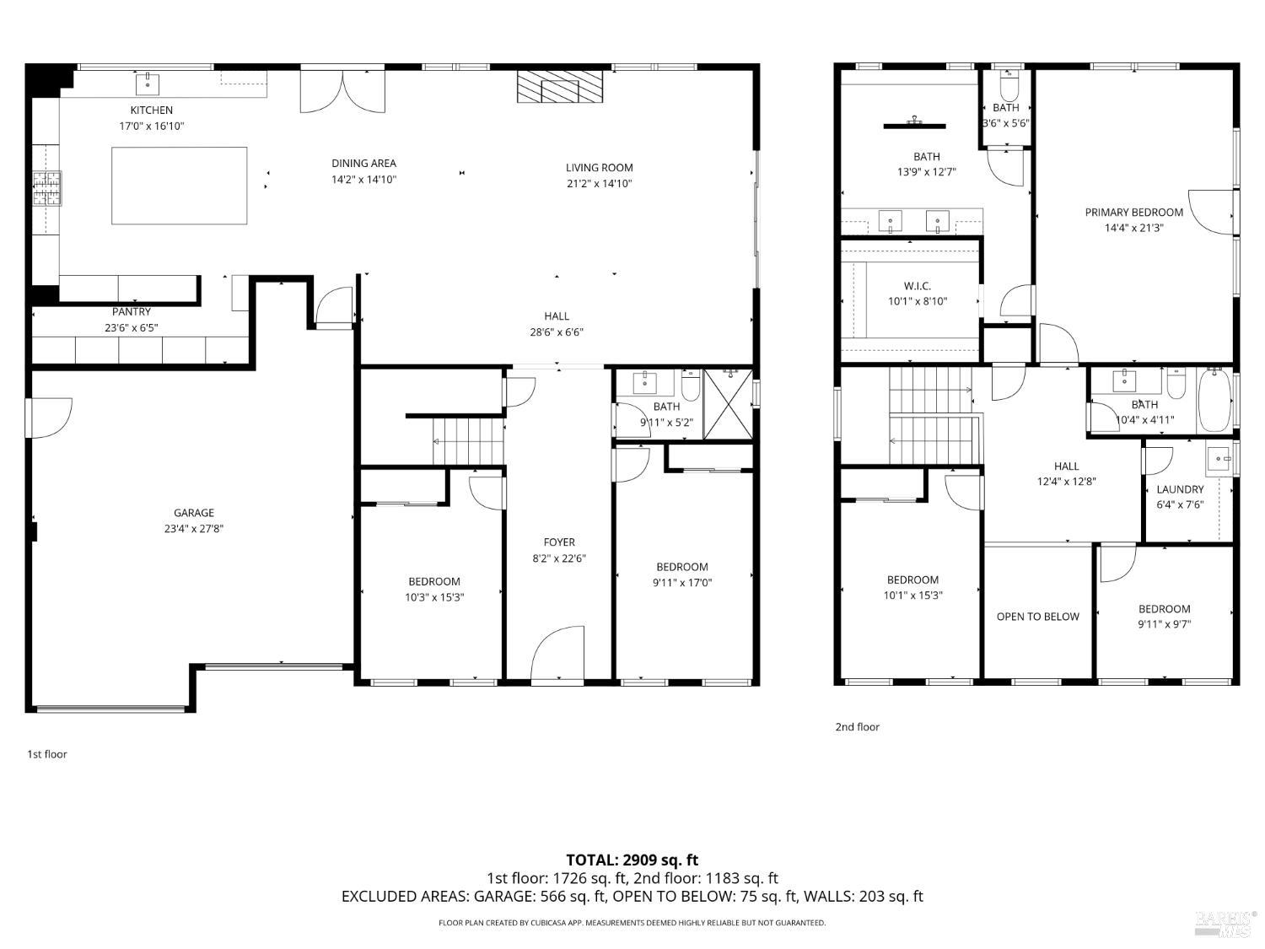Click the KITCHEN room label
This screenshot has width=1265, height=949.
click(x=152, y=111)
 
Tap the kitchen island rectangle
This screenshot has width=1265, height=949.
click(x=180, y=186)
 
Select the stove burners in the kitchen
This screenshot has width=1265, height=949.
click(x=47, y=188)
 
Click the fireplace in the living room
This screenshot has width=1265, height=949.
click(x=561, y=87)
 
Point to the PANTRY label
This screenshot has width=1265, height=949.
click(x=132, y=312)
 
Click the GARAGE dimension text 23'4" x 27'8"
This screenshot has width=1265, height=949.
click(x=194, y=529)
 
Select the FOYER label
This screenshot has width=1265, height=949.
click(x=559, y=542)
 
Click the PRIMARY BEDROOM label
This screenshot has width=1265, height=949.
click(x=1133, y=213)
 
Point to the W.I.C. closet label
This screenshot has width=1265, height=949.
click(x=917, y=286)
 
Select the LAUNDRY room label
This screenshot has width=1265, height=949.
click(x=1180, y=489)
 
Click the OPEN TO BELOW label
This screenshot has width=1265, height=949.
click(x=1037, y=617)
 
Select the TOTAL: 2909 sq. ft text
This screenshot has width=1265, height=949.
click(x=632, y=860)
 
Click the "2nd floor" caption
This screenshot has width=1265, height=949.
click(x=857, y=726)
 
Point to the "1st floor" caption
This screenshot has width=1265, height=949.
click(x=47, y=754)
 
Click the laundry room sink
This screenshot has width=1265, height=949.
click(x=1219, y=461)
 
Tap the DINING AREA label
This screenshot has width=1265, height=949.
click(x=363, y=164)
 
